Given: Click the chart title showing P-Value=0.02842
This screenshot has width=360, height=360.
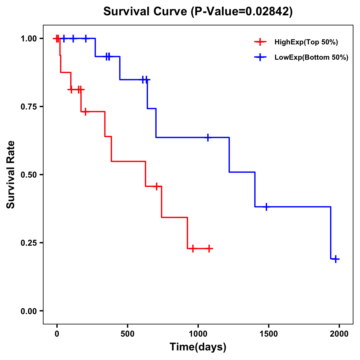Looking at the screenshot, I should pos(198,12).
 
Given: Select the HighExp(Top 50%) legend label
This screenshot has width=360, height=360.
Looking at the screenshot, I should pos(306,42).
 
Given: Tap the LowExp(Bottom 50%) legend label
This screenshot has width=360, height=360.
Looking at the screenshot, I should pos(311,57).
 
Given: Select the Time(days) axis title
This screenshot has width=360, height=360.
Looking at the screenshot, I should pos(198,347).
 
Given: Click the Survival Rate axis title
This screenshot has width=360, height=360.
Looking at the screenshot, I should pos(11,175).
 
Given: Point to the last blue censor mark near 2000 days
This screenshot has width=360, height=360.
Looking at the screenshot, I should pos(336,259).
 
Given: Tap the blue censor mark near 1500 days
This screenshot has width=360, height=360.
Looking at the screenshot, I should pos(266,207).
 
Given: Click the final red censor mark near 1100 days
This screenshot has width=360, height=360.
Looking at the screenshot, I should pos(209,249).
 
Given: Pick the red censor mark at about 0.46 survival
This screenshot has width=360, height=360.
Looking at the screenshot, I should pos(156,187).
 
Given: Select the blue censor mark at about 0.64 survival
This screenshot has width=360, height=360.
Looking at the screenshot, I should pos(208,137).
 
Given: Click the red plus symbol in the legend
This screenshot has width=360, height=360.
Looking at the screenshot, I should pos(260,42).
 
